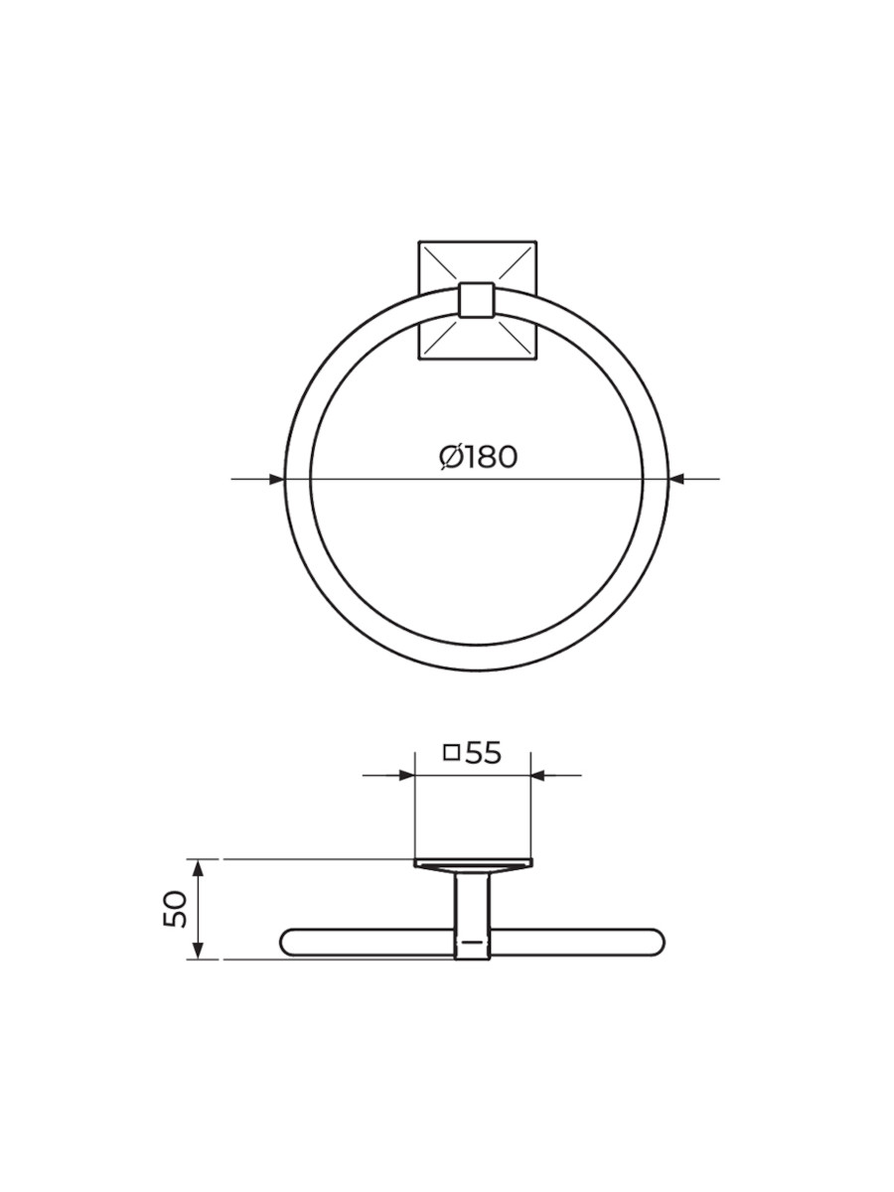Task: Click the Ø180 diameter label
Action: point(478,457)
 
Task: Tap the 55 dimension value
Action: point(483,754)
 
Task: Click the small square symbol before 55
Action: point(452,754)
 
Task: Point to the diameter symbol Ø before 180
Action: point(451,458)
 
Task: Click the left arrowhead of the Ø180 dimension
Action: point(277,479)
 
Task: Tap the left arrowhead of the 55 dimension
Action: point(406,775)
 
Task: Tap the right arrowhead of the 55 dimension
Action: point(538,775)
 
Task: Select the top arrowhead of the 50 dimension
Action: point(199,867)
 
